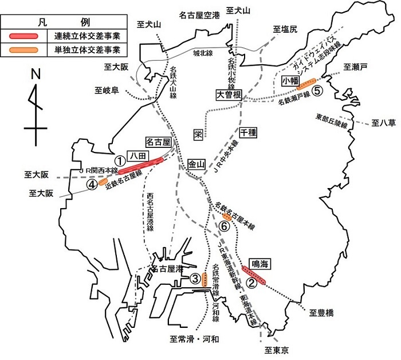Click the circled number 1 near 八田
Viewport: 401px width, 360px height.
point(119,161)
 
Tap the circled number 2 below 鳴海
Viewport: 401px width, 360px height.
point(250,282)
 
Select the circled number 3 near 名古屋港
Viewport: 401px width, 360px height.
point(195,279)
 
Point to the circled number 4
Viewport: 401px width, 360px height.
point(92,185)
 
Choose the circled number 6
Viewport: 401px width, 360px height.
point(225,227)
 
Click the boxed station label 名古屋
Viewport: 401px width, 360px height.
point(159,142)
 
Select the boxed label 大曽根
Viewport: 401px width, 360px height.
point(229,95)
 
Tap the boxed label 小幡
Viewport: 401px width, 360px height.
point(291,81)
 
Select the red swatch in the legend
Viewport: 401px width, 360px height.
point(23,36)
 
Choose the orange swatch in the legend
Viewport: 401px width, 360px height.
point(23,49)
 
